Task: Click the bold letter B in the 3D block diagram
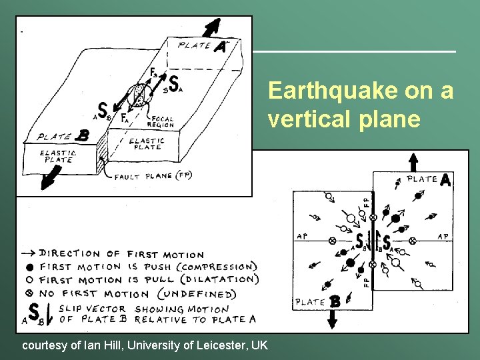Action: coord(83,135)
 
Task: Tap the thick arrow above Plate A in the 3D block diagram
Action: coord(213,27)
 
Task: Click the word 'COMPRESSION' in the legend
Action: coord(216,267)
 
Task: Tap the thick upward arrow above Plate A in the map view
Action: coord(413,162)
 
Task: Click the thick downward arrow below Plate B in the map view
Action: coord(332,321)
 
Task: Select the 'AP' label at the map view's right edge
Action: coord(442,236)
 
